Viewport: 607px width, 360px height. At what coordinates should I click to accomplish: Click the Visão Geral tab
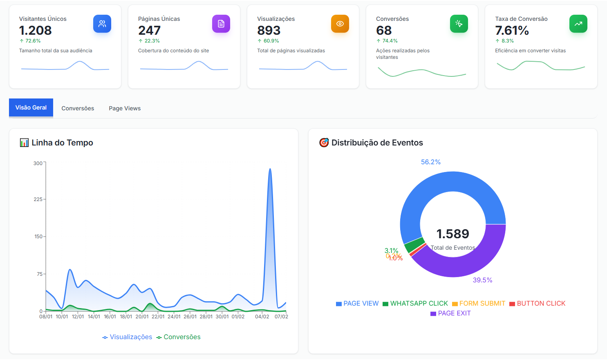(x=31, y=108)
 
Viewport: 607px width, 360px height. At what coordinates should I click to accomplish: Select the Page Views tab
(x=125, y=108)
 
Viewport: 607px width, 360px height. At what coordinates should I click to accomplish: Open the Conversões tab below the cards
(x=78, y=108)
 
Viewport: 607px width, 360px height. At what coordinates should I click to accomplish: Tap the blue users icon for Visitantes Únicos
(x=102, y=24)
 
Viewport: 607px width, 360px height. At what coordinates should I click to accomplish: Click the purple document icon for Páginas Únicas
(x=221, y=24)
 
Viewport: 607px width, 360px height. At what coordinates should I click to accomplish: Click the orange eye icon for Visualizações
(x=340, y=24)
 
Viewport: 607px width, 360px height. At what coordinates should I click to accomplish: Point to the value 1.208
(x=36, y=31)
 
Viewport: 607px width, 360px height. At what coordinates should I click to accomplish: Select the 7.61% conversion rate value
(x=512, y=31)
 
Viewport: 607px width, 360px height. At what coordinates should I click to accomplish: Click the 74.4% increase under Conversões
(x=390, y=41)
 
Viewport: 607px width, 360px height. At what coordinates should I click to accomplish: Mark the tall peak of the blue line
(x=270, y=169)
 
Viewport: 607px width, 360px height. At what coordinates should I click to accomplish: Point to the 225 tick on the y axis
(x=38, y=199)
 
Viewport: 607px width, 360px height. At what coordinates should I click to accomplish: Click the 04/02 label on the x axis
(x=262, y=317)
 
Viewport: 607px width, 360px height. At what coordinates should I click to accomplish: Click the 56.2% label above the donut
(x=431, y=162)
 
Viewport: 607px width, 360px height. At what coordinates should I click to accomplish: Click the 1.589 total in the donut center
(x=452, y=234)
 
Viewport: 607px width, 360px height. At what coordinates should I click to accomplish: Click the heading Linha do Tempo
(x=62, y=143)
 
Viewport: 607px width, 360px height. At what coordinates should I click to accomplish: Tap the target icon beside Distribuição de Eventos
(x=324, y=143)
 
